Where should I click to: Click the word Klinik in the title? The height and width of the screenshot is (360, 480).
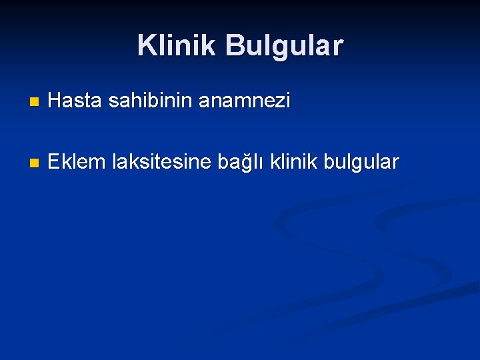click(177, 45)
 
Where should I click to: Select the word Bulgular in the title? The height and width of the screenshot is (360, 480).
click(285, 45)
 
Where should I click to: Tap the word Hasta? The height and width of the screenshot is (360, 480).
click(75, 101)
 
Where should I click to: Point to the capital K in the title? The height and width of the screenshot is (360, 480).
click(146, 45)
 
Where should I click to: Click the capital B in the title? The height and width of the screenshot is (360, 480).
click(235, 45)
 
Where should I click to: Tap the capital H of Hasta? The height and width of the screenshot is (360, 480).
click(55, 101)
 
